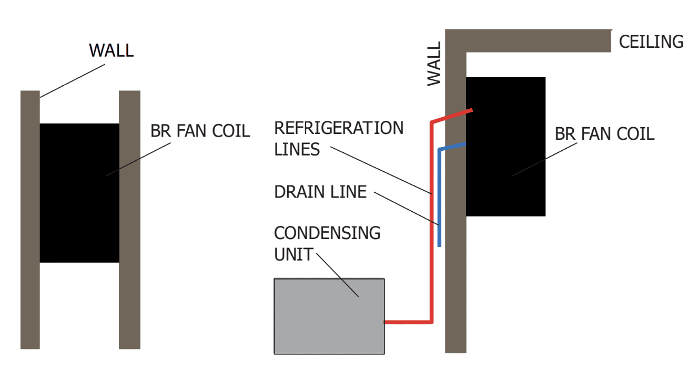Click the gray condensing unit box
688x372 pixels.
[x=329, y=316]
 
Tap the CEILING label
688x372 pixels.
[x=651, y=42]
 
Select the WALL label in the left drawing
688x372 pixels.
[x=112, y=50]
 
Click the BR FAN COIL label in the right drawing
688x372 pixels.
[x=604, y=134]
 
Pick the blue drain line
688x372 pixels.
[x=439, y=200]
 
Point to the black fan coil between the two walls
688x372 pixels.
[x=79, y=193]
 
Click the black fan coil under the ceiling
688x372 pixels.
[x=505, y=147]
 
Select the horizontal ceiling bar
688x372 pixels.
[x=537, y=40]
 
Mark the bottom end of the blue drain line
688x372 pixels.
[x=439, y=245]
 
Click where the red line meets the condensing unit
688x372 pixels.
[x=386, y=322]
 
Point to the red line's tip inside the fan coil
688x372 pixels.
[x=472, y=110]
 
